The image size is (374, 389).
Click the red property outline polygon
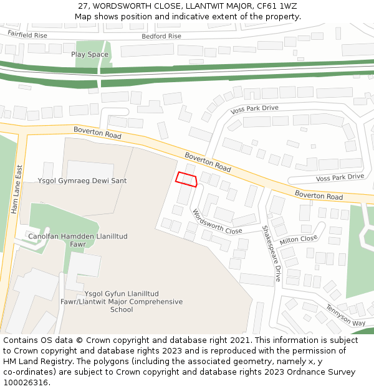point(186,179)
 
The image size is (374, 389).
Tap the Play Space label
point(89,55)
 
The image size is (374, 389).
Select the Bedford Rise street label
point(161,36)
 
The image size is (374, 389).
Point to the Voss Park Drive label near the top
point(254,108)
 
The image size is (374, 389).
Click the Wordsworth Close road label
point(216,222)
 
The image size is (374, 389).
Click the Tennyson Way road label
point(345,316)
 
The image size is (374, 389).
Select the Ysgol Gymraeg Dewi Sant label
point(82,181)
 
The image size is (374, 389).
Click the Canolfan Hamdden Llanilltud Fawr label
point(77,240)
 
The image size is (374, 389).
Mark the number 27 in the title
point(84,6)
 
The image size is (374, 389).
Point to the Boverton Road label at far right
point(319,196)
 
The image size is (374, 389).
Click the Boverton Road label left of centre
point(97,133)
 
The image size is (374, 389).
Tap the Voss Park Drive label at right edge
point(340,177)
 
